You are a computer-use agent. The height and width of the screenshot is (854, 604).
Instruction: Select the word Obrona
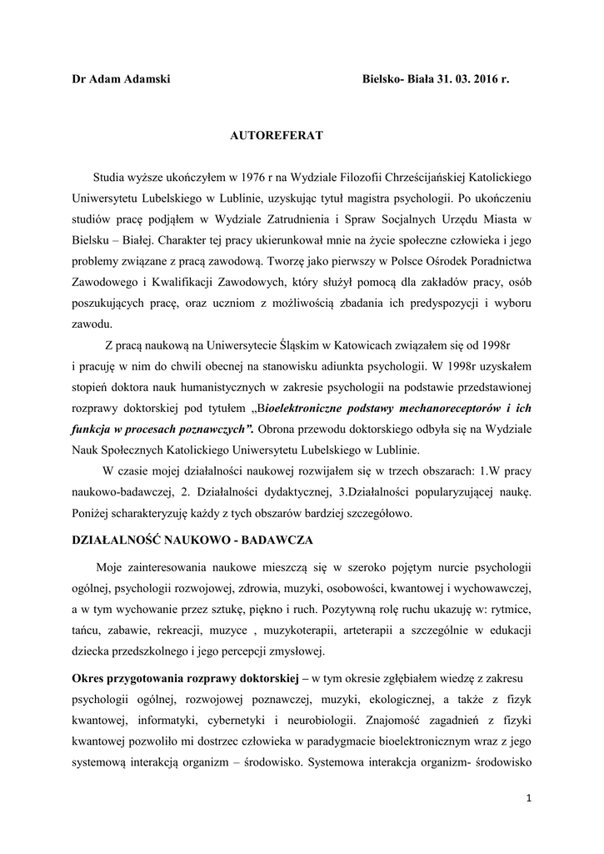point(279,430)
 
